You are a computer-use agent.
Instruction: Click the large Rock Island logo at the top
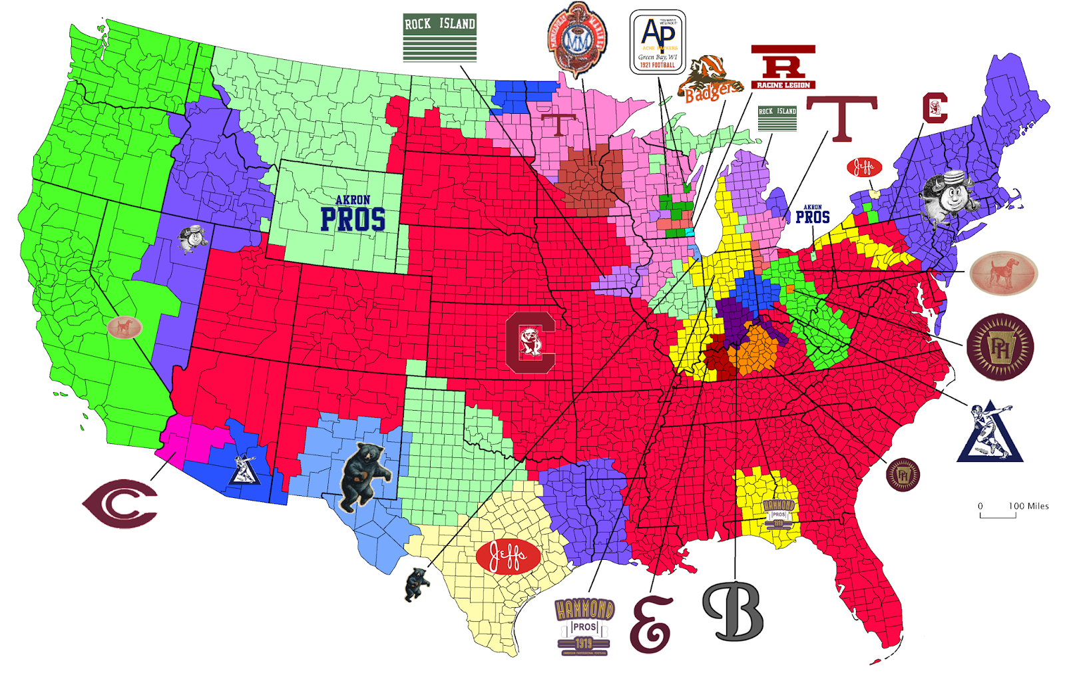coord(439,37)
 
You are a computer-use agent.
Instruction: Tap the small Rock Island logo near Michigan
coord(777,118)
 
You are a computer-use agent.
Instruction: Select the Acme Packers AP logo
coord(658,41)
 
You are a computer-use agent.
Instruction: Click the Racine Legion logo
coord(783,67)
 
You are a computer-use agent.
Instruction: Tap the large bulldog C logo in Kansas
coord(530,341)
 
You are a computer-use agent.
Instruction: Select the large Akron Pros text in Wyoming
coord(353,214)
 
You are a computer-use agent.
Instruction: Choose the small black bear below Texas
coord(417,584)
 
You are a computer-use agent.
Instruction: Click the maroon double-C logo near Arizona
coord(120,503)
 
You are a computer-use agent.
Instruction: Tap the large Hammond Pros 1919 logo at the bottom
coord(584,626)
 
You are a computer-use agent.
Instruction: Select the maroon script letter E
coord(652,624)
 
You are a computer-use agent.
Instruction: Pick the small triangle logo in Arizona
coord(244,470)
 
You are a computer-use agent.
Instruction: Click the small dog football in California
coord(124,328)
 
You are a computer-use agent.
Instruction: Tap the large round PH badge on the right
coord(999,347)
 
